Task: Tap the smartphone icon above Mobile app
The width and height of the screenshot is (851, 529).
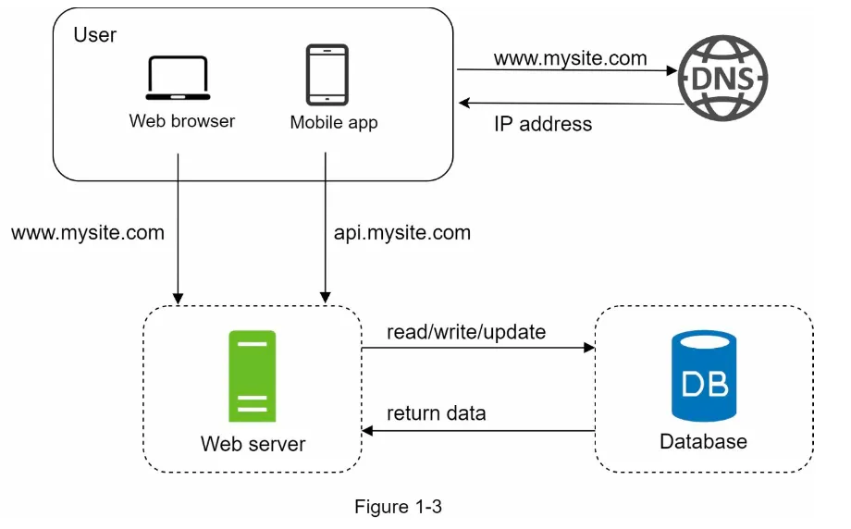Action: (x=327, y=76)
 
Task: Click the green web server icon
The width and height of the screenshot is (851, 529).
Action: (x=253, y=376)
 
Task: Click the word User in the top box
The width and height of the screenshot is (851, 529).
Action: (x=94, y=35)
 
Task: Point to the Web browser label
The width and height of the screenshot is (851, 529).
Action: (x=182, y=121)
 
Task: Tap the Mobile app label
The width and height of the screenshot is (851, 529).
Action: (x=334, y=122)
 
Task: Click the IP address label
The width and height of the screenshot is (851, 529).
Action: (x=543, y=124)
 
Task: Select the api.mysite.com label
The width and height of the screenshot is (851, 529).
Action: (x=401, y=233)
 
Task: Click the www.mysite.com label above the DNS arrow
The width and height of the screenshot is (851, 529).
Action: (x=570, y=58)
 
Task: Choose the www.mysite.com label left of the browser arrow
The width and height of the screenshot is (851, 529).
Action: (x=88, y=233)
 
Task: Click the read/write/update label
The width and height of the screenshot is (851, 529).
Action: (x=466, y=331)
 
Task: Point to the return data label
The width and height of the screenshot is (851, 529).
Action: (x=436, y=413)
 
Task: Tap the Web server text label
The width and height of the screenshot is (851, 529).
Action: (x=253, y=444)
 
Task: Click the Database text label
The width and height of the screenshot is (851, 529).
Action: (x=703, y=441)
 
